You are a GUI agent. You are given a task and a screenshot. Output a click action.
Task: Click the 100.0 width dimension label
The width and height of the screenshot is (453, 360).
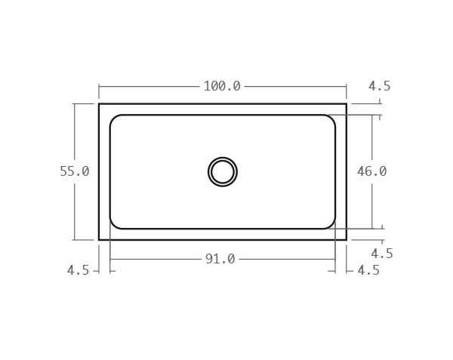tap(222, 86)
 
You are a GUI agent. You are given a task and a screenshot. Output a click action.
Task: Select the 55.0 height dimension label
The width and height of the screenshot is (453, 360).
tap(75, 171)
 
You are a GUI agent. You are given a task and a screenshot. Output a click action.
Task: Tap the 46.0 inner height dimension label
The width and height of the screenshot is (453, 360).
tap(371, 171)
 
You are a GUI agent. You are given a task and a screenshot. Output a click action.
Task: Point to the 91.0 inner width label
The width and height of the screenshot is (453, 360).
tap(220, 259)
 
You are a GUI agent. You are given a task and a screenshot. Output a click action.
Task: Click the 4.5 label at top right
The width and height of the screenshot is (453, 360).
tap(379, 86)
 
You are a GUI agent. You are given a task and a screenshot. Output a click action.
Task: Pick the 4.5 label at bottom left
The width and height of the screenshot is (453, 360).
tap(78, 269)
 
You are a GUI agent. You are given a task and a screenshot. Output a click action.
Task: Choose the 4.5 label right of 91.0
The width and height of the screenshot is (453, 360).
tap(368, 269)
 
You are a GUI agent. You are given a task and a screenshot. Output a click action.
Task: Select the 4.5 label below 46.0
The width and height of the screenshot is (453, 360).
tap(381, 254)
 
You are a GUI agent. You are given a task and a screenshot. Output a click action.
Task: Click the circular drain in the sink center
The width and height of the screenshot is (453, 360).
tap(223, 171)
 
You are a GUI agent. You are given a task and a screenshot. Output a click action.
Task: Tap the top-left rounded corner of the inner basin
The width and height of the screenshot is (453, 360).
tap(113, 118)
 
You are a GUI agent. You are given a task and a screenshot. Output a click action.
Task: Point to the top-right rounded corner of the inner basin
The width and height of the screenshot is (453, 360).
tap(331, 118)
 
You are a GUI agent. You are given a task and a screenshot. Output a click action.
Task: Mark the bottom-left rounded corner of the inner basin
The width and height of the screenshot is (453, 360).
tap(113, 225)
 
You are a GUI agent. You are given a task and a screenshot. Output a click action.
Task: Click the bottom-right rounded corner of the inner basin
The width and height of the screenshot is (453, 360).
tap(331, 225)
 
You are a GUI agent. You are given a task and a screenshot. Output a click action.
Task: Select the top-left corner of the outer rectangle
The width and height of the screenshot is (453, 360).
tap(99, 103)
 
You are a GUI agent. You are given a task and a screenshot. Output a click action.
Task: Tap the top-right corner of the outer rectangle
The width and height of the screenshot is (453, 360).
tap(347, 103)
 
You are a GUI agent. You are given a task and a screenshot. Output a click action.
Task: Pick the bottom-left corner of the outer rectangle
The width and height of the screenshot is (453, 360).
tap(99, 240)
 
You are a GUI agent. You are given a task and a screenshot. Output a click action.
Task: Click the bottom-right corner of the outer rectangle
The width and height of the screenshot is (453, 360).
tap(347, 240)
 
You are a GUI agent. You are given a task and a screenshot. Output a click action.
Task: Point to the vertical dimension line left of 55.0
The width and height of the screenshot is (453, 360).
tap(75, 136)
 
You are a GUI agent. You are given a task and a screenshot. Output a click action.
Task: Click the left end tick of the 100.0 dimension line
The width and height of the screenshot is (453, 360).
tap(99, 86)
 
